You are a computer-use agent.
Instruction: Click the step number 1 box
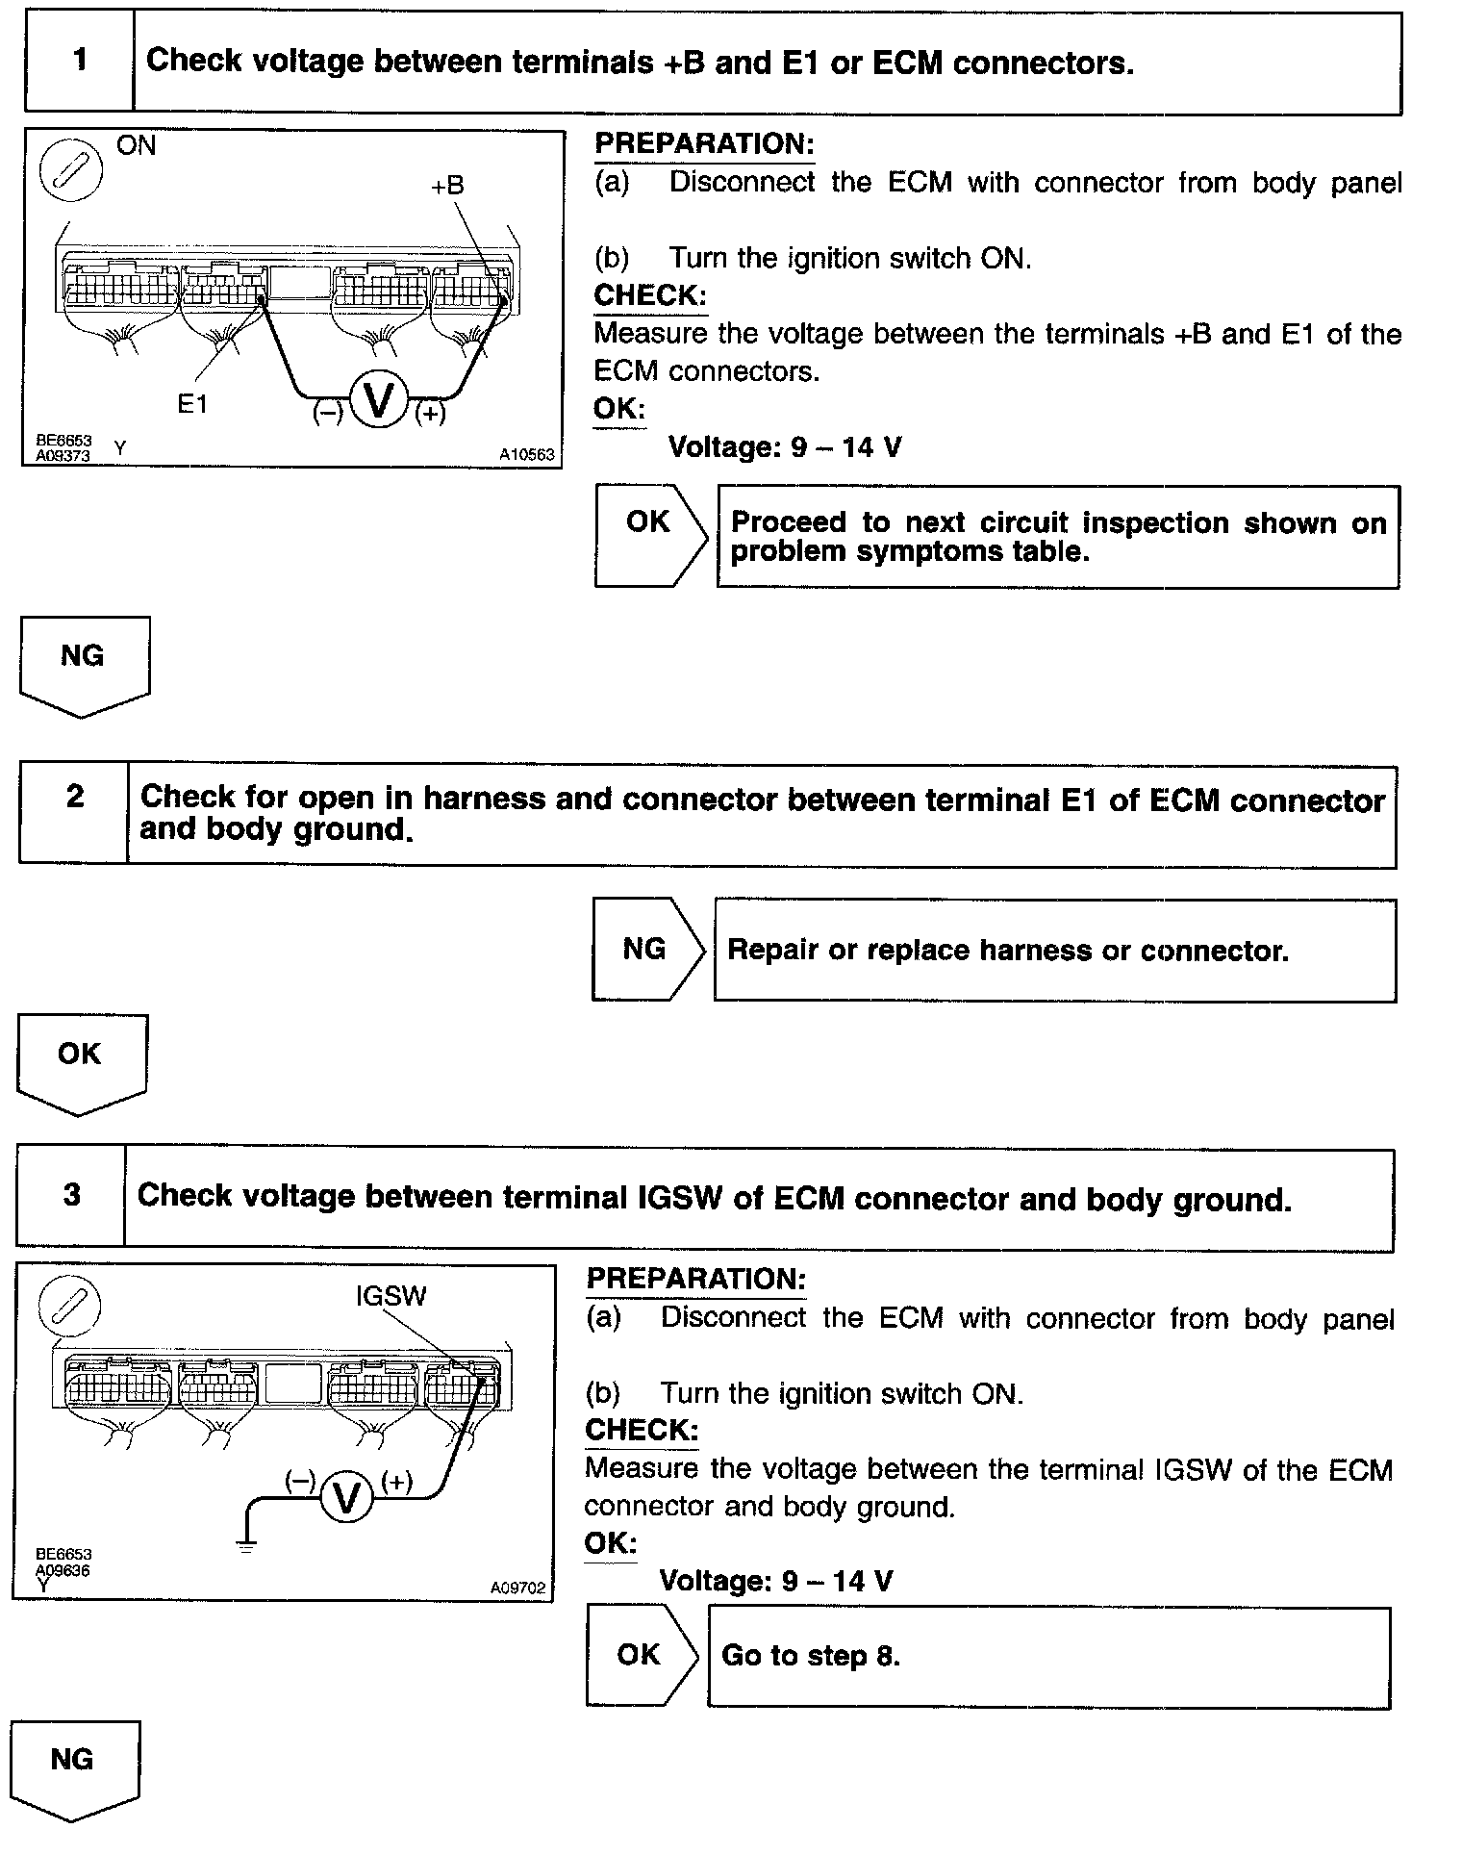[79, 62]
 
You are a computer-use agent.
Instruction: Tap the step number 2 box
[74, 813]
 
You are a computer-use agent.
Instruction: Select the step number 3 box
[71, 1196]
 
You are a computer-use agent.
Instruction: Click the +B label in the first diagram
[447, 186]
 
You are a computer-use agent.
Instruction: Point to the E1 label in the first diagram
[192, 405]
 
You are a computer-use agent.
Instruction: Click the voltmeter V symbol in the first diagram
[380, 401]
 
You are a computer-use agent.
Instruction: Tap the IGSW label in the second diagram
[391, 1296]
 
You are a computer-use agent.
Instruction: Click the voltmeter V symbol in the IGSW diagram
[346, 1497]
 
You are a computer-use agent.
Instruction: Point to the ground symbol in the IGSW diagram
[247, 1548]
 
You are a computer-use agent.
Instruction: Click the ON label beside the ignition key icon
[136, 146]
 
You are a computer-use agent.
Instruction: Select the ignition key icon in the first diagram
[70, 172]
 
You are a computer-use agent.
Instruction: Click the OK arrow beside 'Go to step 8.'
[642, 1655]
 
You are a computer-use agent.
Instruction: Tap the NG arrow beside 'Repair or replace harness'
[647, 950]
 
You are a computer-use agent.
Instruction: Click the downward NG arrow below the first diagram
[84, 665]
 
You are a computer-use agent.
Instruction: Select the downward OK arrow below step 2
[81, 1062]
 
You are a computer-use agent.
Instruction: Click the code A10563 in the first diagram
[526, 454]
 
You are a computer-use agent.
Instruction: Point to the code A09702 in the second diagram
[517, 1588]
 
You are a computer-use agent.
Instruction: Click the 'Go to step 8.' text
[811, 1655]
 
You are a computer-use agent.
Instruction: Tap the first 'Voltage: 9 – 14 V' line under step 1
[785, 447]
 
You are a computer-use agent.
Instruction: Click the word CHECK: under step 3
[642, 1430]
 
